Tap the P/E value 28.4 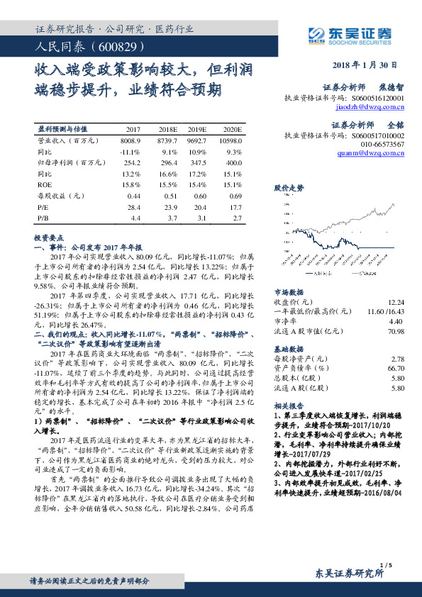[133, 206]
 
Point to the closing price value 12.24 [396, 302]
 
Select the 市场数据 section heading [289, 292]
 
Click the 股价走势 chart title [289, 188]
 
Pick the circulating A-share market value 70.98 [396, 330]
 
